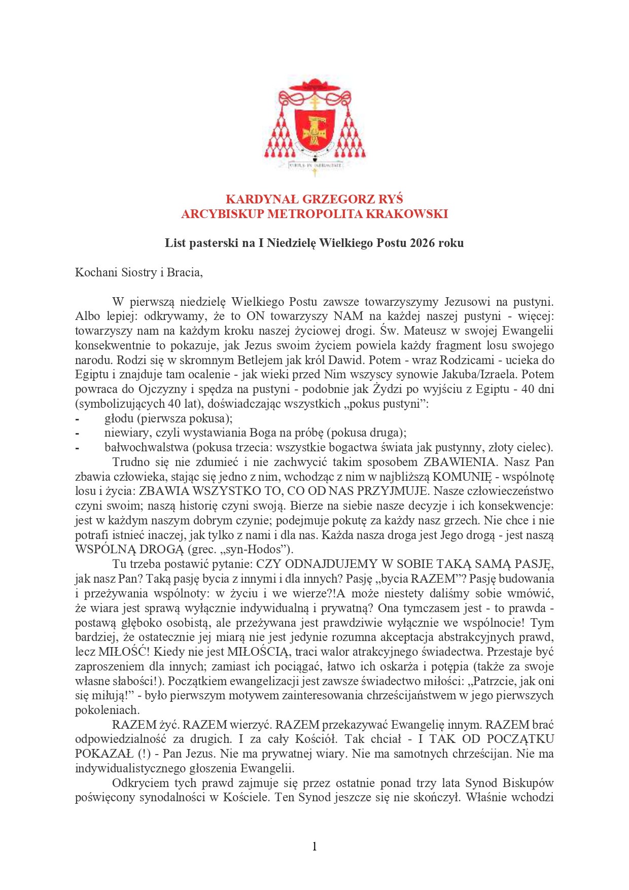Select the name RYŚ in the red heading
(x=390, y=199)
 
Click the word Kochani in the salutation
(x=95, y=272)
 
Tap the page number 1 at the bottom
(x=314, y=846)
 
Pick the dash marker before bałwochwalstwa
(x=77, y=448)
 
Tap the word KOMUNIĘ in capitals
(x=462, y=477)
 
